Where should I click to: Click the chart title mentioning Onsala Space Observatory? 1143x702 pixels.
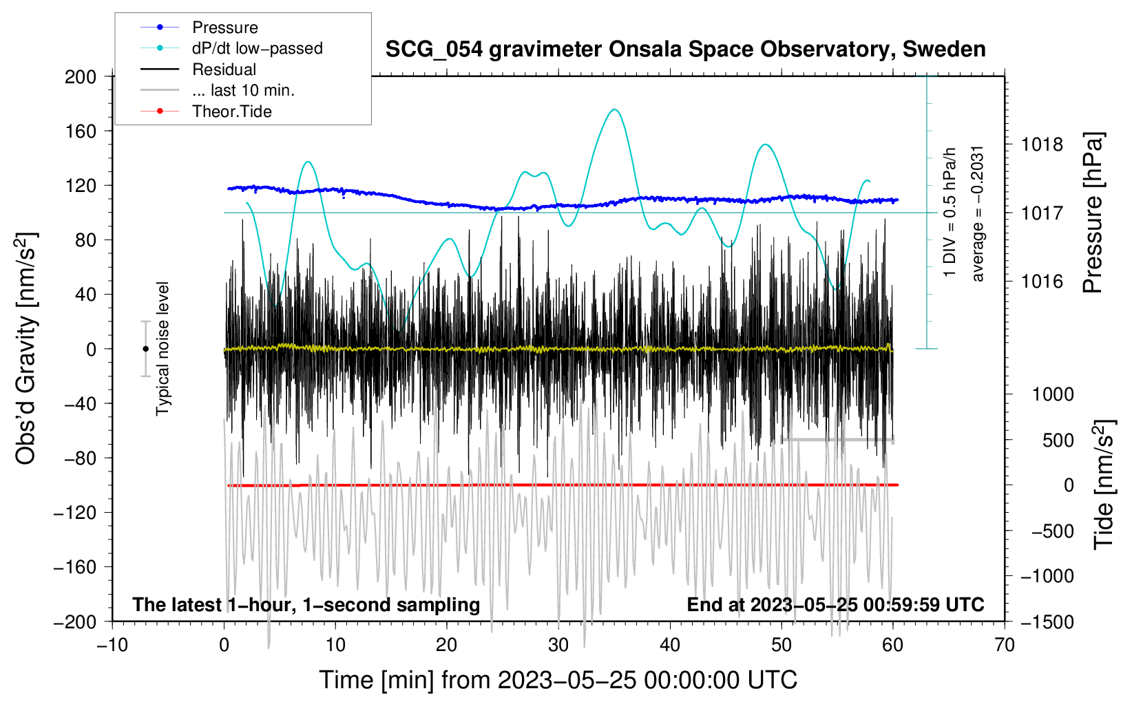685,50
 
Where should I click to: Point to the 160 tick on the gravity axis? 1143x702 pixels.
81,131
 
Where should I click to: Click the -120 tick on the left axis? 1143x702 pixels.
75,513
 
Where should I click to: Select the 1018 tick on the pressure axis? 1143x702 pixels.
1042,145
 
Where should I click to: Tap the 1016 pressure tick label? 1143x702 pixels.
1042,281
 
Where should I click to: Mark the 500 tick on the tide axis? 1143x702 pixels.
1058,440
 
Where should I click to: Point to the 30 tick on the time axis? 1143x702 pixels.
558,646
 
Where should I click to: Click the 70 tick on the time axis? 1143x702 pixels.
1004,646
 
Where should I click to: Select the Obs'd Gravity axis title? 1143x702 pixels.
26,349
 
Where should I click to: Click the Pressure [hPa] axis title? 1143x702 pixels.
1093,213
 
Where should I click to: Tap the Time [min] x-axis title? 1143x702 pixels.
558,681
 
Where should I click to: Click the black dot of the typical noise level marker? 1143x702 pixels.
145,349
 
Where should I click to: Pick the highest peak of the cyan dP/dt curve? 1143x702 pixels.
615,109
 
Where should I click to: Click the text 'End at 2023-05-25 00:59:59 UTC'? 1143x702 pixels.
835,605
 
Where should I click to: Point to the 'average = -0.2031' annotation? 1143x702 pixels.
977,214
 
